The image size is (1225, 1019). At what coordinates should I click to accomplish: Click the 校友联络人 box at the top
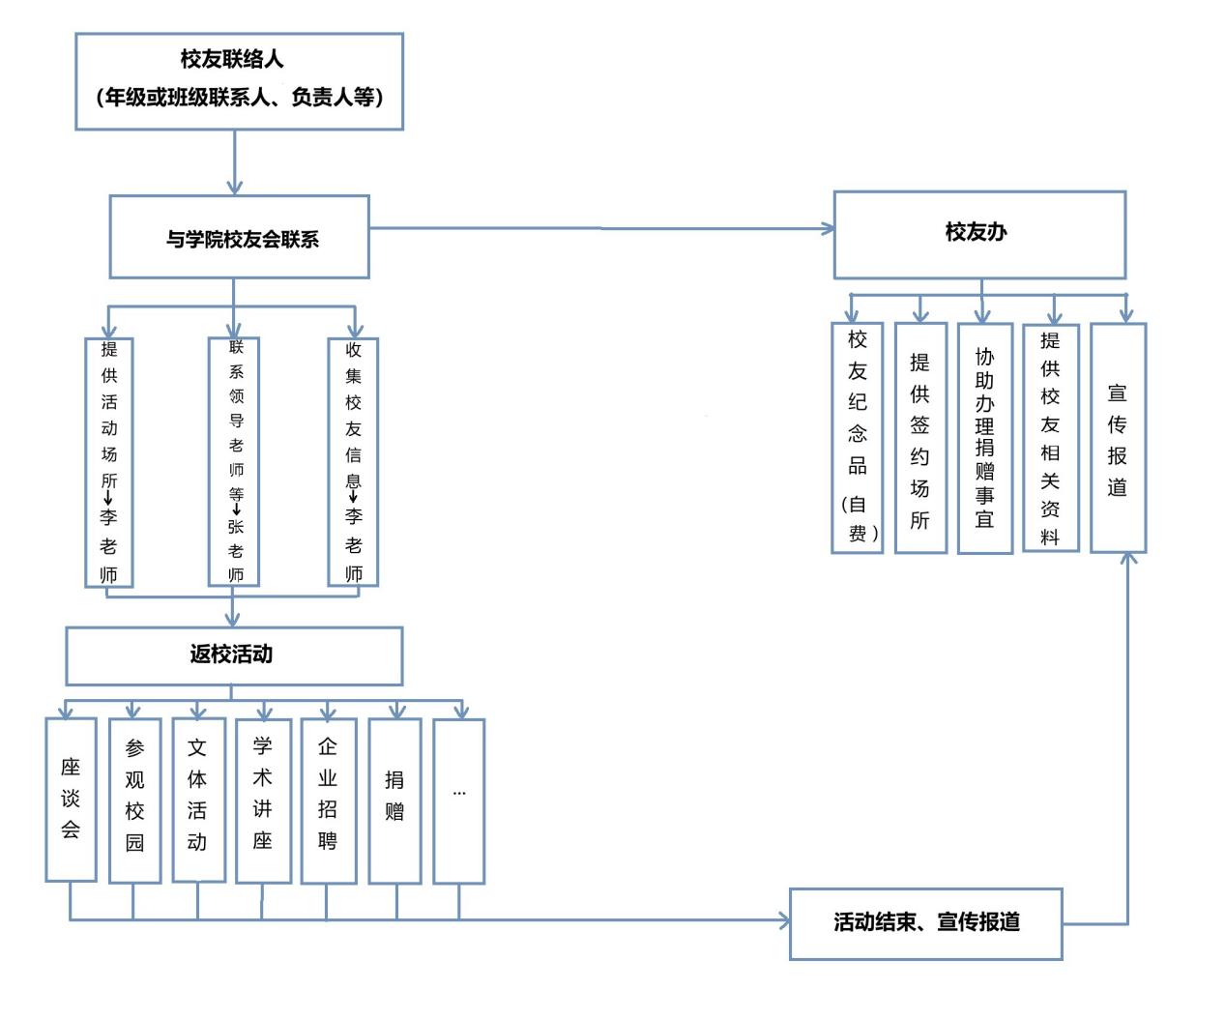click(x=239, y=81)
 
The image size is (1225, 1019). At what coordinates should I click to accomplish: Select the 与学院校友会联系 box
click(x=239, y=237)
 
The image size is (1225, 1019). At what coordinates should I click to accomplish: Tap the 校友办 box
click(x=978, y=234)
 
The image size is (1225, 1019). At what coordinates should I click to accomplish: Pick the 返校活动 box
click(x=233, y=655)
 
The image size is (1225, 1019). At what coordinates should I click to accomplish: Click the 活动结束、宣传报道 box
click(x=925, y=923)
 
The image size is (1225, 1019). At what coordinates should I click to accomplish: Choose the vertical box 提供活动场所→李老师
click(x=109, y=461)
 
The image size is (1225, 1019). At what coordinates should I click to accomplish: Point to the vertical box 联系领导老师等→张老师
click(x=234, y=461)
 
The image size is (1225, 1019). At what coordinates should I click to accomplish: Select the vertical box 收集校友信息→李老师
click(x=353, y=461)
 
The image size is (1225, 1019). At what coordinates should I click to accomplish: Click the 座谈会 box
click(x=71, y=799)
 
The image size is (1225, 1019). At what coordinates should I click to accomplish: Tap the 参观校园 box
click(x=134, y=799)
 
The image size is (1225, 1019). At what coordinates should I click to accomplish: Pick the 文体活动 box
click(x=198, y=799)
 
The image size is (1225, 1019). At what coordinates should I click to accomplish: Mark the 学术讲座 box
click(x=263, y=799)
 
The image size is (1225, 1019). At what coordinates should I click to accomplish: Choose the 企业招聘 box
click(x=328, y=799)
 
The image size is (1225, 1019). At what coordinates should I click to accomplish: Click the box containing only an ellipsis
click(x=458, y=801)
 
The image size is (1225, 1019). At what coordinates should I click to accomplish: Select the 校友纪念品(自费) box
click(x=857, y=438)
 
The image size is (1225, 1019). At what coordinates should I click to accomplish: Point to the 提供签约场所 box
click(x=919, y=438)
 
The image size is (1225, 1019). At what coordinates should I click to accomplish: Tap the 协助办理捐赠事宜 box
click(x=984, y=438)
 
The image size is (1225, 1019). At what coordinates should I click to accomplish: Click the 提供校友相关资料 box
click(x=1050, y=438)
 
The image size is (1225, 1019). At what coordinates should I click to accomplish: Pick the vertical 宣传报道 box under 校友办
click(x=1118, y=438)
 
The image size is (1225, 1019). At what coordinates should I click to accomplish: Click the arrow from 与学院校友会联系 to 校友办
click(x=599, y=229)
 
